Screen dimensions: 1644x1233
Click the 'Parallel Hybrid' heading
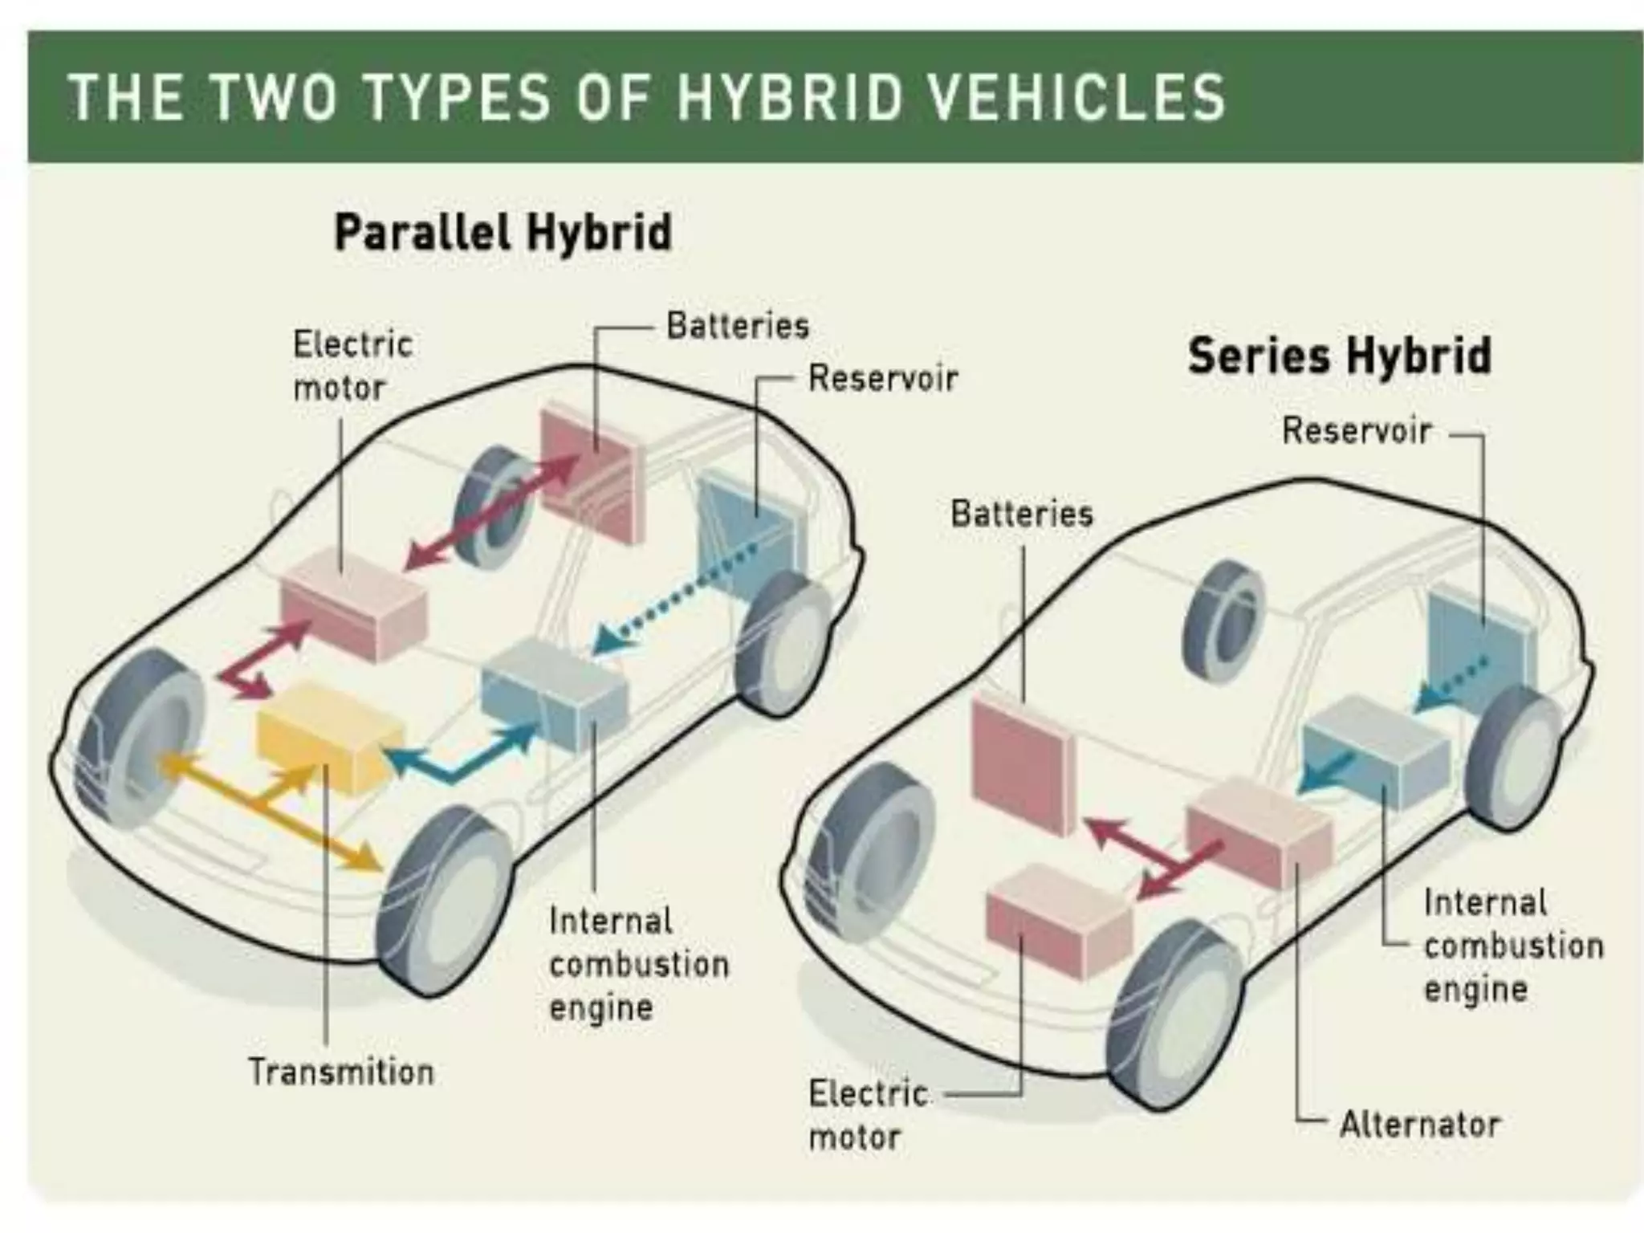pos(503,233)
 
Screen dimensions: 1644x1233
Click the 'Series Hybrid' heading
pos(1339,356)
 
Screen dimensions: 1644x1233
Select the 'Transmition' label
pos(340,1072)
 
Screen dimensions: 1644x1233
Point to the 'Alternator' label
pos(1419,1125)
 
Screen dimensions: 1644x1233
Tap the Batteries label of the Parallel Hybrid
pos(738,326)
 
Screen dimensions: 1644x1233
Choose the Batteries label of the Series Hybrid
pos(1022,514)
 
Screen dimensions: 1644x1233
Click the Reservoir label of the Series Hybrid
pos(1357,430)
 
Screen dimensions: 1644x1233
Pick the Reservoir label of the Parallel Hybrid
pos(883,378)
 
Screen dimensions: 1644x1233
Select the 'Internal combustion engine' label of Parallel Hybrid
pos(639,964)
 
